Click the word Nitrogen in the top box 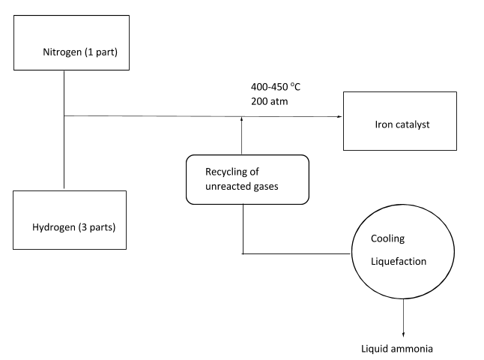(x=63, y=52)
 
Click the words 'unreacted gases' (x=242, y=186)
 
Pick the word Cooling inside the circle (x=388, y=239)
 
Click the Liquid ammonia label (x=397, y=349)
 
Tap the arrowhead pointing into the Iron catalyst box (x=339, y=116)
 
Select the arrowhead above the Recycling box (x=243, y=119)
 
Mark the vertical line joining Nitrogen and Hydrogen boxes (x=64, y=150)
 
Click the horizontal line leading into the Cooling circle (x=300, y=253)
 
